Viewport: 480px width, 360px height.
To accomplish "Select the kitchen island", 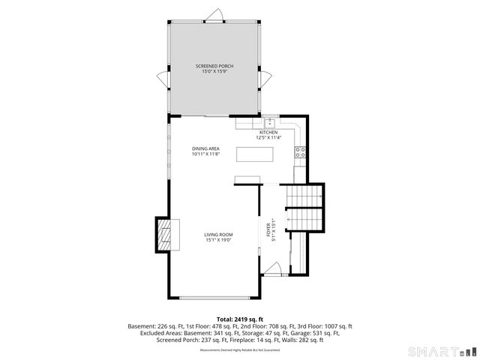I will click(256, 154).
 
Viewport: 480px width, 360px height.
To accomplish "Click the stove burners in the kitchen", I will click(300, 154).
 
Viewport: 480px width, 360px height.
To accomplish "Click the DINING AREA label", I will click(205, 151).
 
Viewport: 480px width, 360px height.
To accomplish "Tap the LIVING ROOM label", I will click(218, 238).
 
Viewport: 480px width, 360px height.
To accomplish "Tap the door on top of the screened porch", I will click(215, 16).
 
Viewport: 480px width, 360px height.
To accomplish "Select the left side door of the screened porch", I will click(163, 77).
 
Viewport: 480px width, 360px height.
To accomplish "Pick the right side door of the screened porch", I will click(265, 77).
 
